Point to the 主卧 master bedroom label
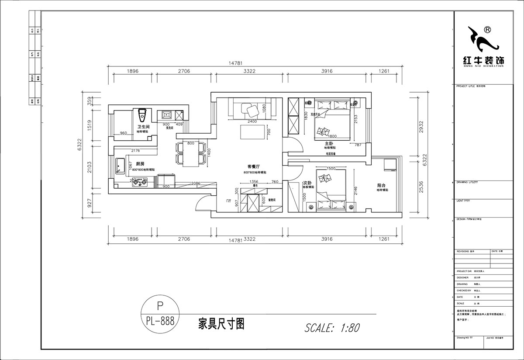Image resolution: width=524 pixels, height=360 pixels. [x=329, y=143]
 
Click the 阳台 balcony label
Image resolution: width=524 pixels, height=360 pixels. [x=382, y=185]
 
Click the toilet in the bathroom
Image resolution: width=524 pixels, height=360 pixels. [x=141, y=116]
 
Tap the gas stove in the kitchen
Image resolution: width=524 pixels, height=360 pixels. [x=139, y=182]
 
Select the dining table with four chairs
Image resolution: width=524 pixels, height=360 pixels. [x=191, y=153]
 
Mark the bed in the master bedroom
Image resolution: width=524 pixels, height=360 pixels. [x=331, y=120]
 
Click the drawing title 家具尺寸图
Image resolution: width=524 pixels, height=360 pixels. [x=221, y=324]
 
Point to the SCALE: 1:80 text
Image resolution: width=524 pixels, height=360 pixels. [x=332, y=327]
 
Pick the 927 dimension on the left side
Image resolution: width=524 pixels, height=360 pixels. [x=89, y=203]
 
